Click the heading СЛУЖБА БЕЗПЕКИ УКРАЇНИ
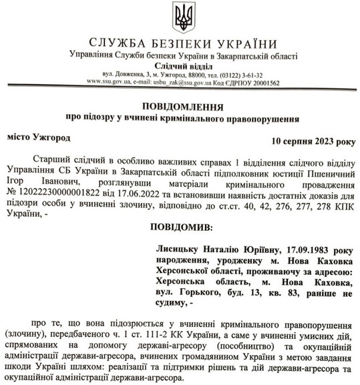point(180,43)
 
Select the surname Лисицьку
point(178,250)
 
